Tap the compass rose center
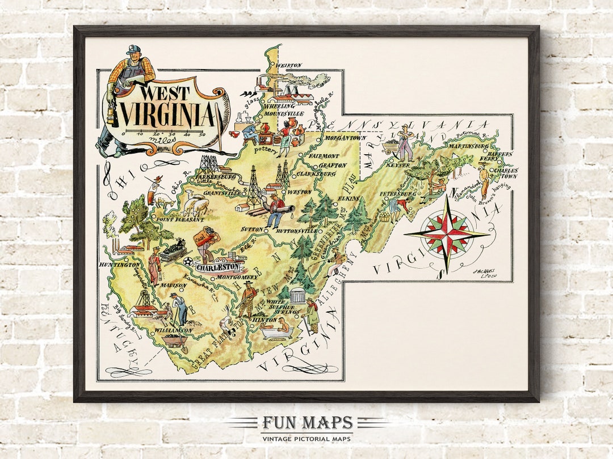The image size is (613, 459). [447, 235]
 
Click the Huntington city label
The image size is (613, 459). [119, 265]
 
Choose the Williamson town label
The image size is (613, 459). [173, 330]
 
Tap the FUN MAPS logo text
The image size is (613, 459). [307, 423]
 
